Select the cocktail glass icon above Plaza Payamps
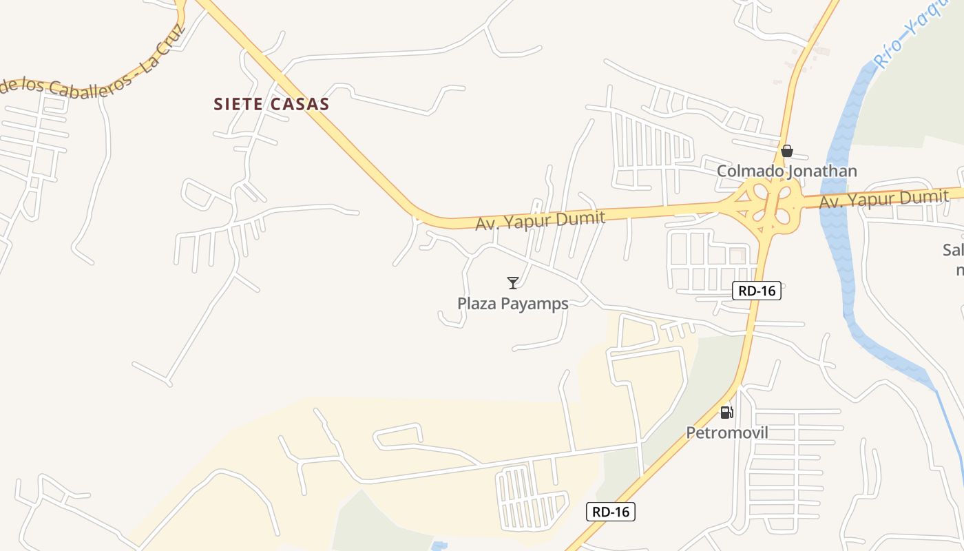[x=512, y=282]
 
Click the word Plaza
[x=476, y=304]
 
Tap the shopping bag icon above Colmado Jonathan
[x=786, y=151]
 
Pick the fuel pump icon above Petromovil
[x=726, y=413]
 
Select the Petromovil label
[x=726, y=433]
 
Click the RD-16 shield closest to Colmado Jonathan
[x=757, y=291]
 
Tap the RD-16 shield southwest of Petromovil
[x=611, y=512]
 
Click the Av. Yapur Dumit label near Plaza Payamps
[x=540, y=220]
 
